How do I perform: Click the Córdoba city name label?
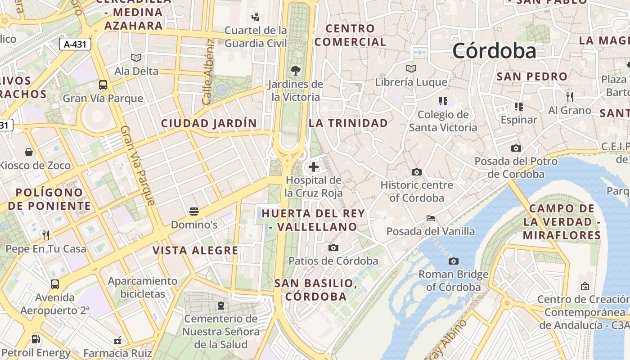pos(494,51)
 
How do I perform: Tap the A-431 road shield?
pos(75,44)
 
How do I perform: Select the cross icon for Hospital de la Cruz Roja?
pos(314,167)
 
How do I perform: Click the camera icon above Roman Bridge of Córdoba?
pos(454,261)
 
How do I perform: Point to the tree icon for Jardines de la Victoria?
pos(296,70)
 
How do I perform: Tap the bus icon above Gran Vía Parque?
pos(103,85)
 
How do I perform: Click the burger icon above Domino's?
pos(194,211)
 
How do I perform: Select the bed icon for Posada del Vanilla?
pos(431,218)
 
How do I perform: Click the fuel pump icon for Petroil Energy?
pos(36,339)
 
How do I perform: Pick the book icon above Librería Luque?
pos(411,68)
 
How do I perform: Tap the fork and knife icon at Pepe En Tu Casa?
pos(45,235)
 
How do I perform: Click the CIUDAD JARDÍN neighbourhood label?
pos(209,123)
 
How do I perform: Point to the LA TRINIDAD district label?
pos(348,123)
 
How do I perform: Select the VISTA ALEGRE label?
pos(195,251)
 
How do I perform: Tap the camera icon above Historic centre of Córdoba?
pos(417,172)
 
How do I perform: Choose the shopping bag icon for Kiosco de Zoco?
pos(29,152)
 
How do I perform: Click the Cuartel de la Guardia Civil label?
pos(256,37)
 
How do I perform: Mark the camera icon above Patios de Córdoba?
pos(333,247)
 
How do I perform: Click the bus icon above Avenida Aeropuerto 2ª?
pos(55,284)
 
